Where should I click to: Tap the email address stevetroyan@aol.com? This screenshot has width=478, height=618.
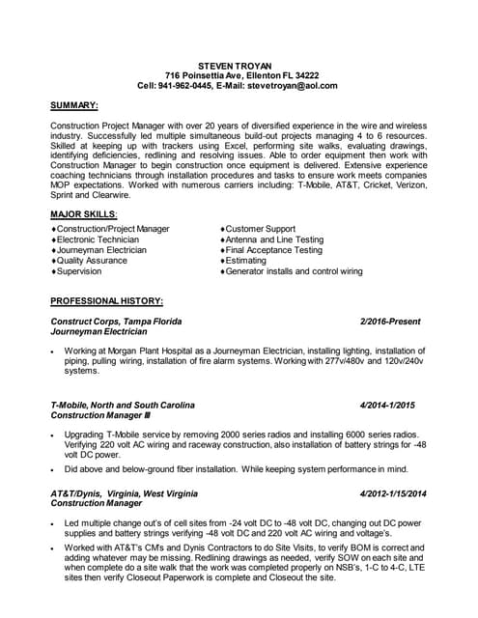click(x=289, y=85)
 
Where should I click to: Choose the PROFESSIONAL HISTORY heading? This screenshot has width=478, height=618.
click(x=106, y=300)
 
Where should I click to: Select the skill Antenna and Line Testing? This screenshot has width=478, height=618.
click(x=274, y=239)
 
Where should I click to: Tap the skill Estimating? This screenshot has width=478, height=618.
click(x=247, y=261)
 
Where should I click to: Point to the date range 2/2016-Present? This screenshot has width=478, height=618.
click(x=393, y=321)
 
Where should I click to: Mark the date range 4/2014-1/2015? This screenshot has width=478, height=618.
click(x=393, y=405)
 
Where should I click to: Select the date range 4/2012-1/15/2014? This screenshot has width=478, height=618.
click(x=386, y=493)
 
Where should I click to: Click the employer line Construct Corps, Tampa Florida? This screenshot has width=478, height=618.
click(x=116, y=321)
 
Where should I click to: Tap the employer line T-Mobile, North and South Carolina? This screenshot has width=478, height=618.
click(x=123, y=405)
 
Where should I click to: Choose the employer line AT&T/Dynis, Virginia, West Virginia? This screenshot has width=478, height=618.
click(x=127, y=493)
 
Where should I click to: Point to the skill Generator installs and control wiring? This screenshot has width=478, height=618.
click(x=294, y=271)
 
